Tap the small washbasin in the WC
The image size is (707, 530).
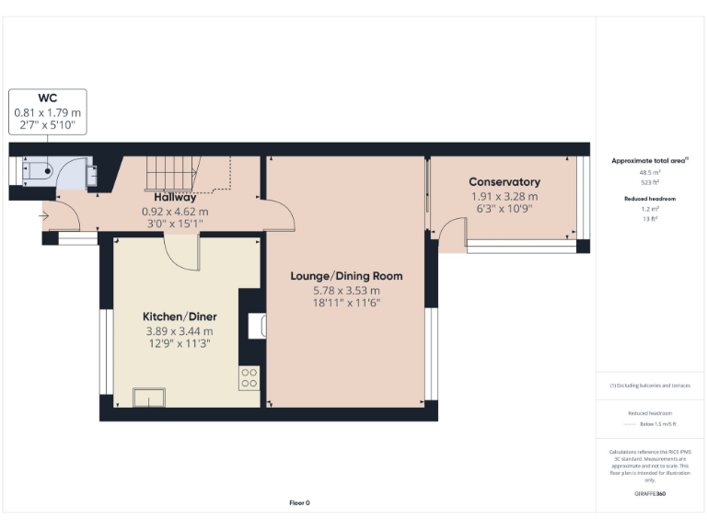click(x=92, y=175)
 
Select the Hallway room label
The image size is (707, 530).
click(x=174, y=197)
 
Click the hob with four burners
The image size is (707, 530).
click(x=249, y=377)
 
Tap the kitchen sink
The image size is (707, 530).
click(x=148, y=397)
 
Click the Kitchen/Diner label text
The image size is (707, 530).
click(x=180, y=317)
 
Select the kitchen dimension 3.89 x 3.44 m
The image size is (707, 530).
click(x=180, y=331)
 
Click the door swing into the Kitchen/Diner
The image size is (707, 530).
click(x=182, y=253)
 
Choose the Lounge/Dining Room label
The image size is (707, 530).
click(x=346, y=276)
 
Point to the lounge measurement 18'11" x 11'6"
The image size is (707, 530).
click(x=346, y=303)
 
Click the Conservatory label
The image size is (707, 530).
click(x=504, y=182)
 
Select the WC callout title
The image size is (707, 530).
click(x=47, y=98)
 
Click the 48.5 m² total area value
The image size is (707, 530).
click(x=650, y=172)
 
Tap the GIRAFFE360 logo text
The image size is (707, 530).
click(x=650, y=494)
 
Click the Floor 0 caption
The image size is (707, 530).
click(x=300, y=502)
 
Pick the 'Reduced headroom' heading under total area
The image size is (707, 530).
click(x=650, y=199)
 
